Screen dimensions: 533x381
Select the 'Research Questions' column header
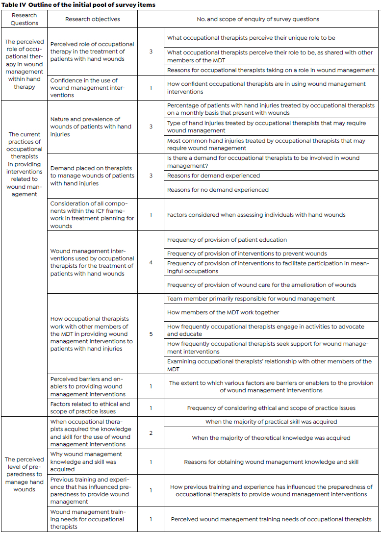click(x=25, y=19)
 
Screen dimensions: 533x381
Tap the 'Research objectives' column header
click(x=93, y=19)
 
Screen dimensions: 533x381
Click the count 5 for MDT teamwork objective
click(x=151, y=334)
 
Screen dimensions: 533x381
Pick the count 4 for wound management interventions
click(x=151, y=262)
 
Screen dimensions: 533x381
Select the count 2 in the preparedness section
click(x=151, y=433)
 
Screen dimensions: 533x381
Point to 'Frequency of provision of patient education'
click(x=227, y=240)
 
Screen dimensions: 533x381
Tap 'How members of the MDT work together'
click(x=223, y=312)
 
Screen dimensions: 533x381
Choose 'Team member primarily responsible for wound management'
click(x=251, y=298)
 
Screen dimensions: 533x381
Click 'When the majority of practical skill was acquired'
click(x=271, y=422)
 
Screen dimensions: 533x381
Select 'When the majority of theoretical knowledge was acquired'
click(x=271, y=438)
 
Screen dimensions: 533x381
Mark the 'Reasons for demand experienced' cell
click(x=213, y=176)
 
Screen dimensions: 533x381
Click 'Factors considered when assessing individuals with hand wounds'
click(x=256, y=215)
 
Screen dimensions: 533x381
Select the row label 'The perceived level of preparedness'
click(x=25, y=474)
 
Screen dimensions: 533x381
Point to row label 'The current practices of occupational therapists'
click(x=25, y=164)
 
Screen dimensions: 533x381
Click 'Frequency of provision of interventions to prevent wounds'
click(x=247, y=254)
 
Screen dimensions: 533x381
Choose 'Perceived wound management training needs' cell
click(x=271, y=519)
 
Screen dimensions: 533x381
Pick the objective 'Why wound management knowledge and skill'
click(x=86, y=462)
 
